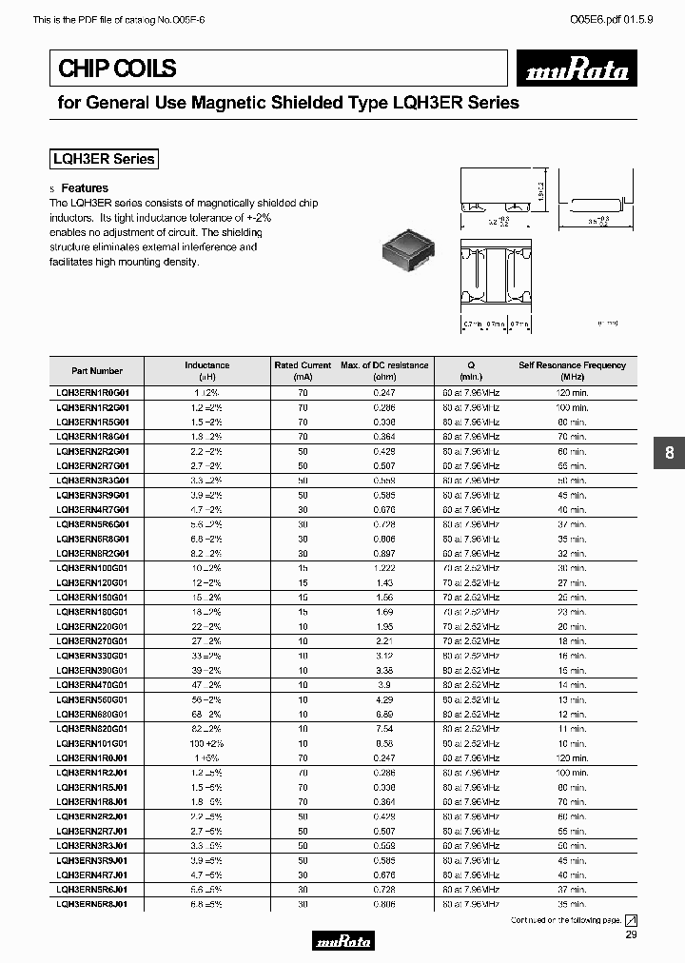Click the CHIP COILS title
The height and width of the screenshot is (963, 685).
118,69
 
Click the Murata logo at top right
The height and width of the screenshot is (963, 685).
579,70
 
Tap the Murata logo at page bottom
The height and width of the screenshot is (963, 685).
342,942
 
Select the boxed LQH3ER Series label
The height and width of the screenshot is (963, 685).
103,159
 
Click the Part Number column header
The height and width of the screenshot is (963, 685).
97,371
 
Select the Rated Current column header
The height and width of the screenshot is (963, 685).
303,370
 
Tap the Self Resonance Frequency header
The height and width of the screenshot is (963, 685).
572,370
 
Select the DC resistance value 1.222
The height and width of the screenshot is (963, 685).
385,567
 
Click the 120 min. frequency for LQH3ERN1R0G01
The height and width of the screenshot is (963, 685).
572,392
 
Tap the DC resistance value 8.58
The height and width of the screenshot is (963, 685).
385,743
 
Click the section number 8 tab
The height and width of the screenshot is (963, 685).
669,454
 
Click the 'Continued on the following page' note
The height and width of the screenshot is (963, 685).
565,920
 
